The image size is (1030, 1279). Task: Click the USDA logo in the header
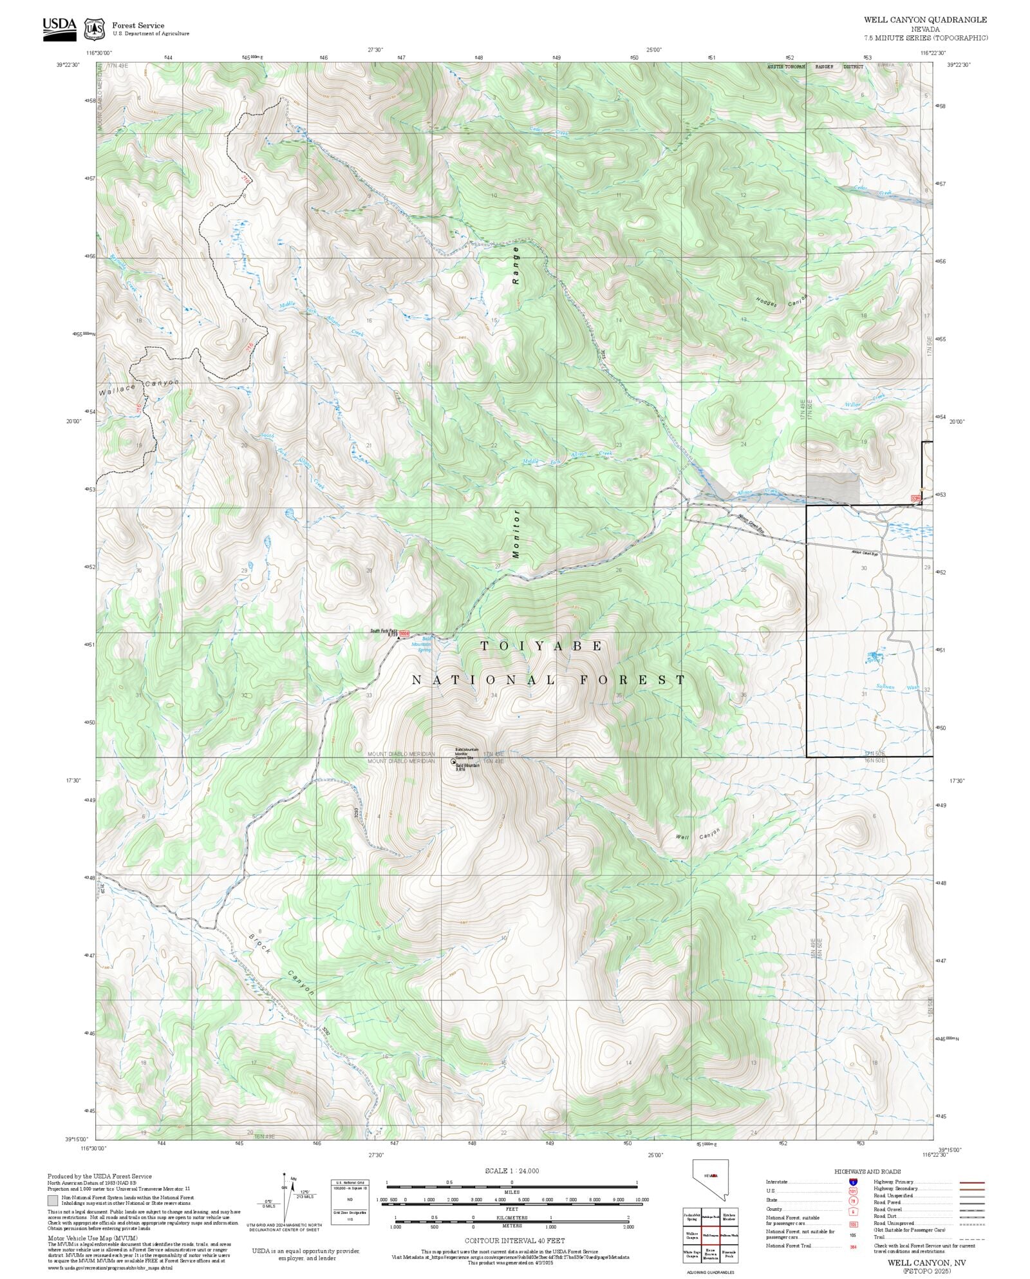[59, 29]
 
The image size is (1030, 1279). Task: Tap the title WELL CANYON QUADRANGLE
[925, 20]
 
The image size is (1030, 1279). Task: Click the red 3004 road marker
[404, 634]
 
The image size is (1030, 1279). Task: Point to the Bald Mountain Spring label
[422, 644]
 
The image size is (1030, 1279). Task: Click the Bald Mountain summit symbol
[453, 761]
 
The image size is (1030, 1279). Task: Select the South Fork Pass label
[383, 630]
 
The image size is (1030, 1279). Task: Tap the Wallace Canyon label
[138, 386]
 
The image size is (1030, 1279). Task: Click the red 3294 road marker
[916, 498]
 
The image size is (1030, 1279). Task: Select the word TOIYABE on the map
[541, 646]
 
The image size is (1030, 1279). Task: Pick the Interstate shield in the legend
[853, 1182]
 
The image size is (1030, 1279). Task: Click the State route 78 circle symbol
[853, 1200]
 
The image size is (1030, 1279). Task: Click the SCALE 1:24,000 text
[512, 1171]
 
